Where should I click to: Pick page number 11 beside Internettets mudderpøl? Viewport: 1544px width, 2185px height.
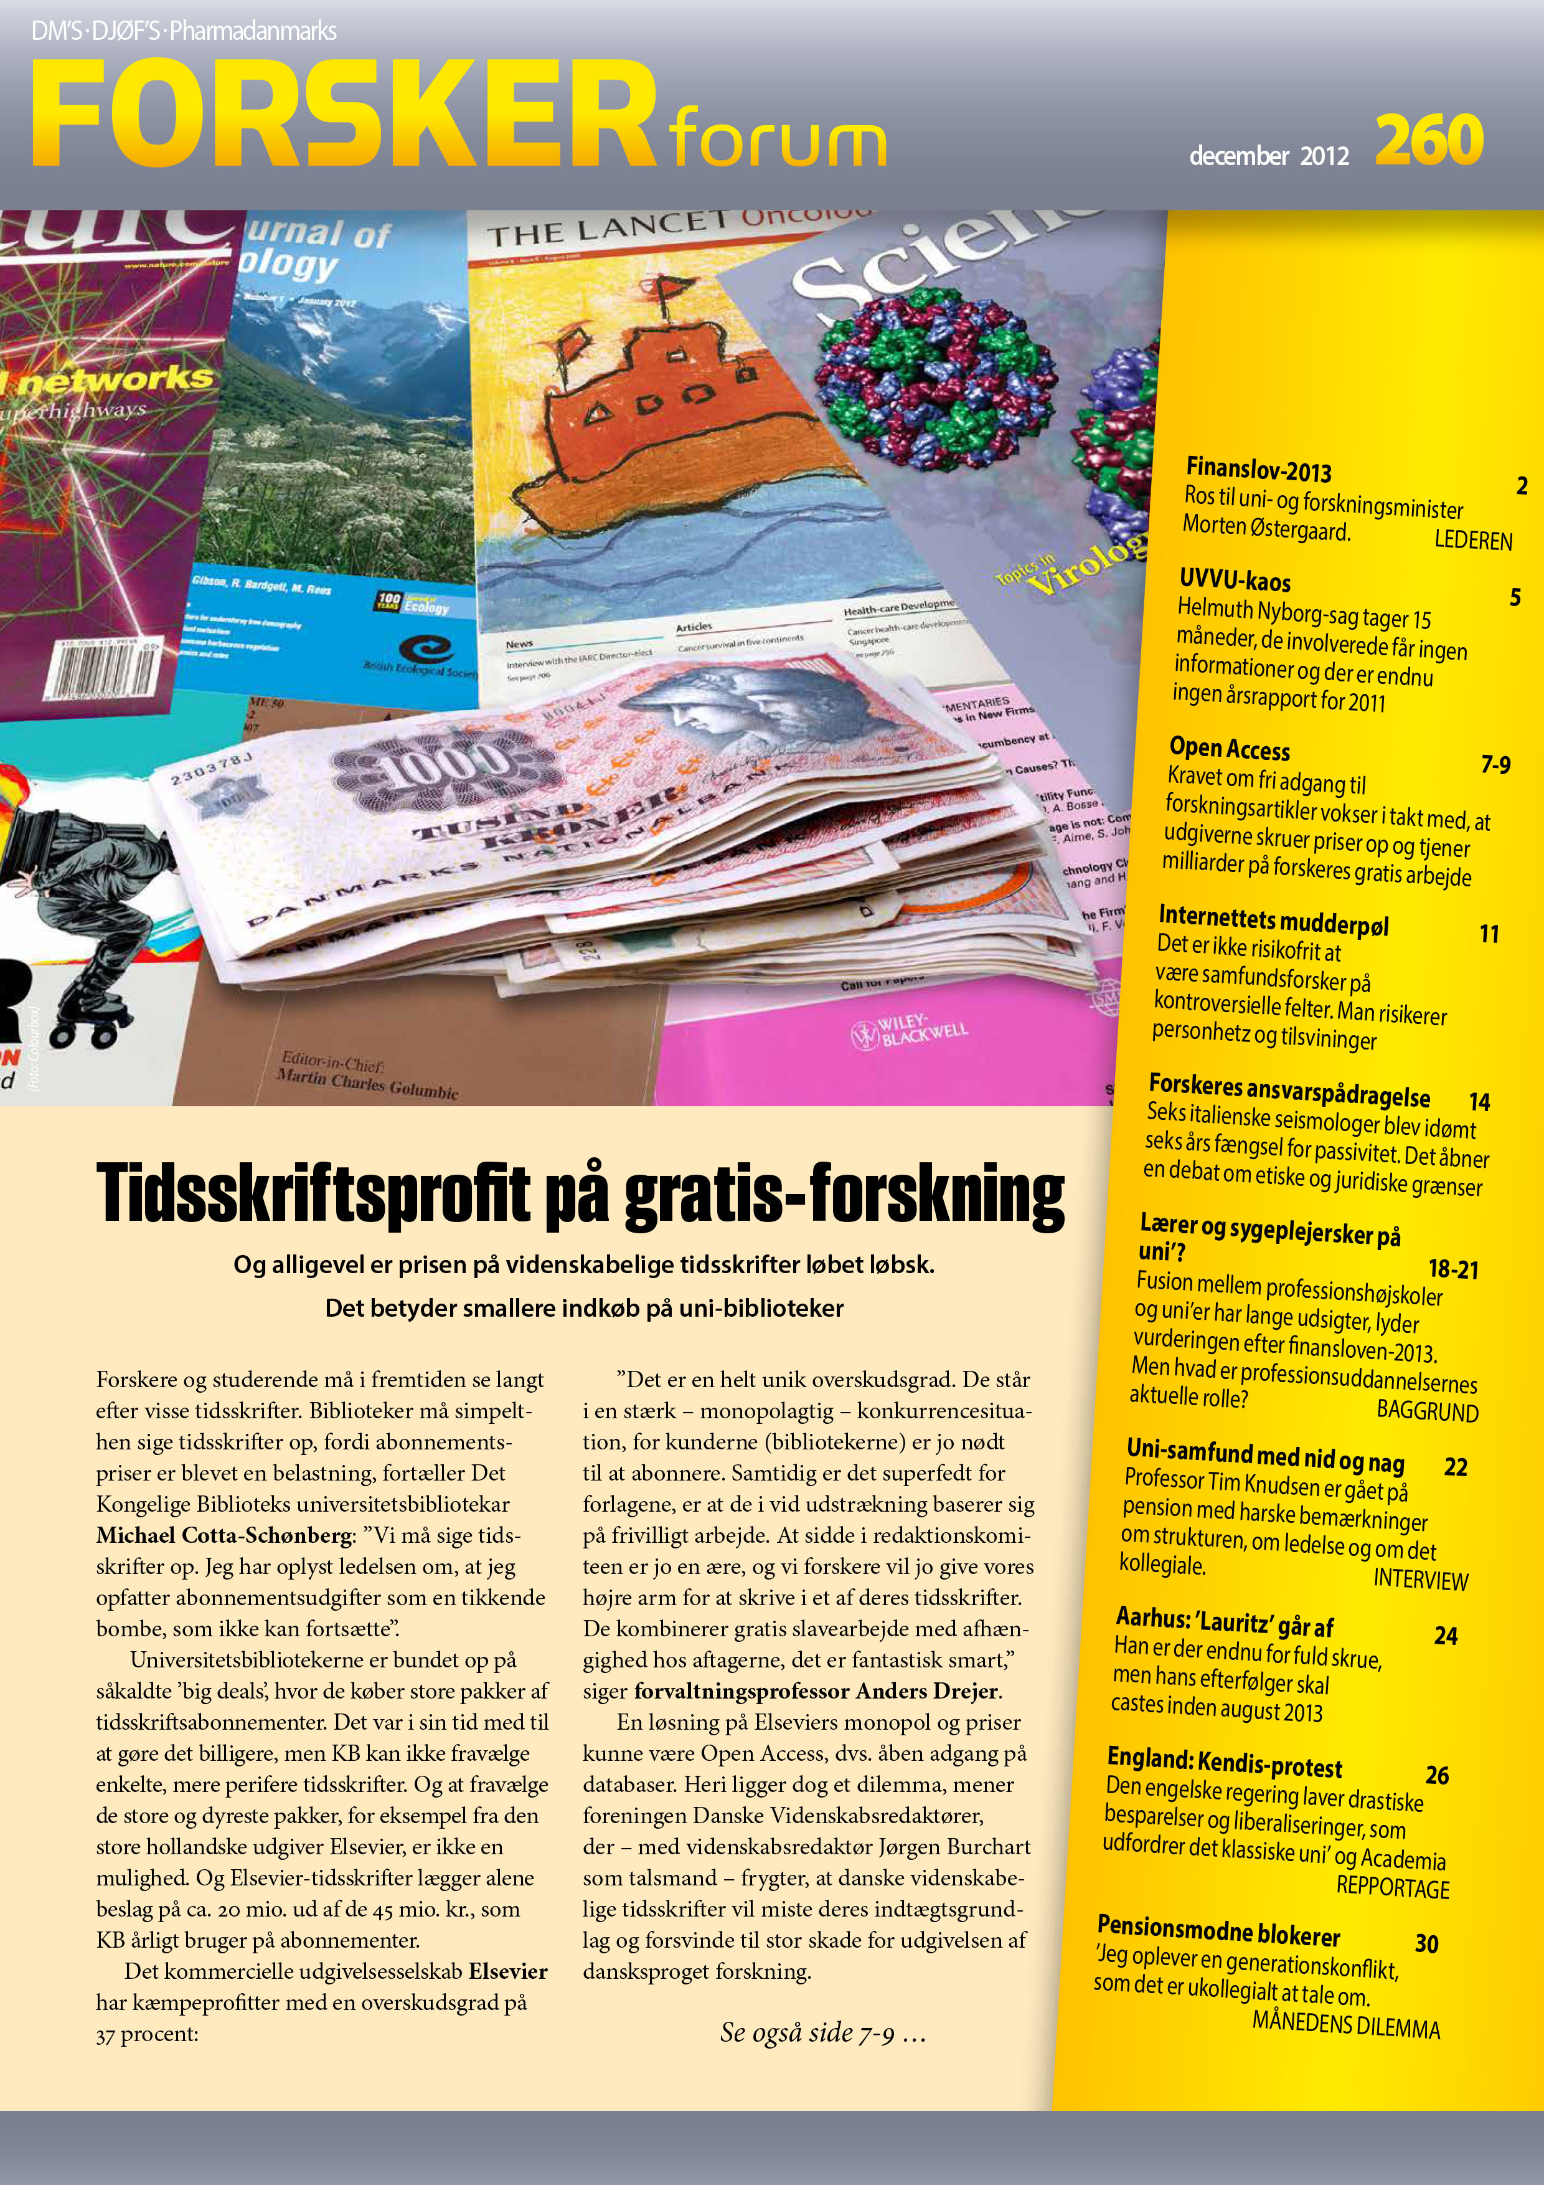tap(1489, 934)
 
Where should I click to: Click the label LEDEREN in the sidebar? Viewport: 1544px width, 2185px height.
tap(1472, 541)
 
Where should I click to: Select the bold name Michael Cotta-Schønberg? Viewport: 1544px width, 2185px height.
tap(224, 1535)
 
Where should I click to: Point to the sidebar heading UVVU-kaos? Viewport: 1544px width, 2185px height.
tap(1235, 579)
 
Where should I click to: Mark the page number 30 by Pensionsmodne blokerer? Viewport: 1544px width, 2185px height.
tap(1426, 1942)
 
